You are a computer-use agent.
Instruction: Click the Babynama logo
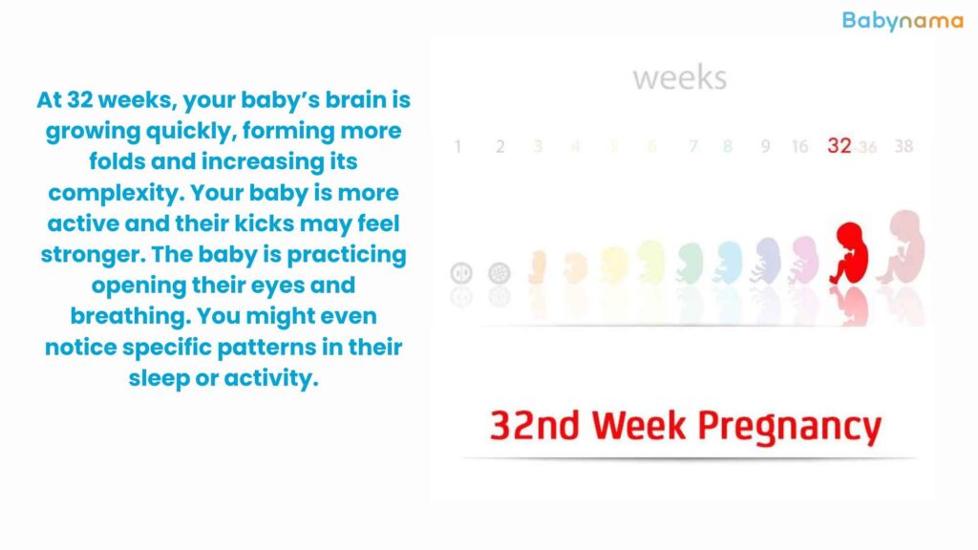click(903, 21)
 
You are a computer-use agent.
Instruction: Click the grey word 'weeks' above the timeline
click(680, 78)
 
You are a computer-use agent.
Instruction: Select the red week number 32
click(839, 146)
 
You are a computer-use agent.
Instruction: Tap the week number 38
click(904, 146)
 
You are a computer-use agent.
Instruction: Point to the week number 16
click(799, 146)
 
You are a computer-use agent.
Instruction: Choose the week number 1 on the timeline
click(457, 146)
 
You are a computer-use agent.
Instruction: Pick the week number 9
click(765, 146)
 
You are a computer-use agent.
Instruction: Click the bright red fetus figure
click(849, 252)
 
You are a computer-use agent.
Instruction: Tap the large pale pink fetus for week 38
click(902, 247)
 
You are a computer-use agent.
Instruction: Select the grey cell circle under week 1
click(461, 273)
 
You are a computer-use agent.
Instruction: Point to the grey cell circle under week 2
click(499, 273)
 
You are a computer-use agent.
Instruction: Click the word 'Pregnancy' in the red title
click(789, 428)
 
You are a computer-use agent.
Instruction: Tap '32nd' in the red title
click(535, 425)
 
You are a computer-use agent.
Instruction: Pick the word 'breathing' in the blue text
click(129, 316)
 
